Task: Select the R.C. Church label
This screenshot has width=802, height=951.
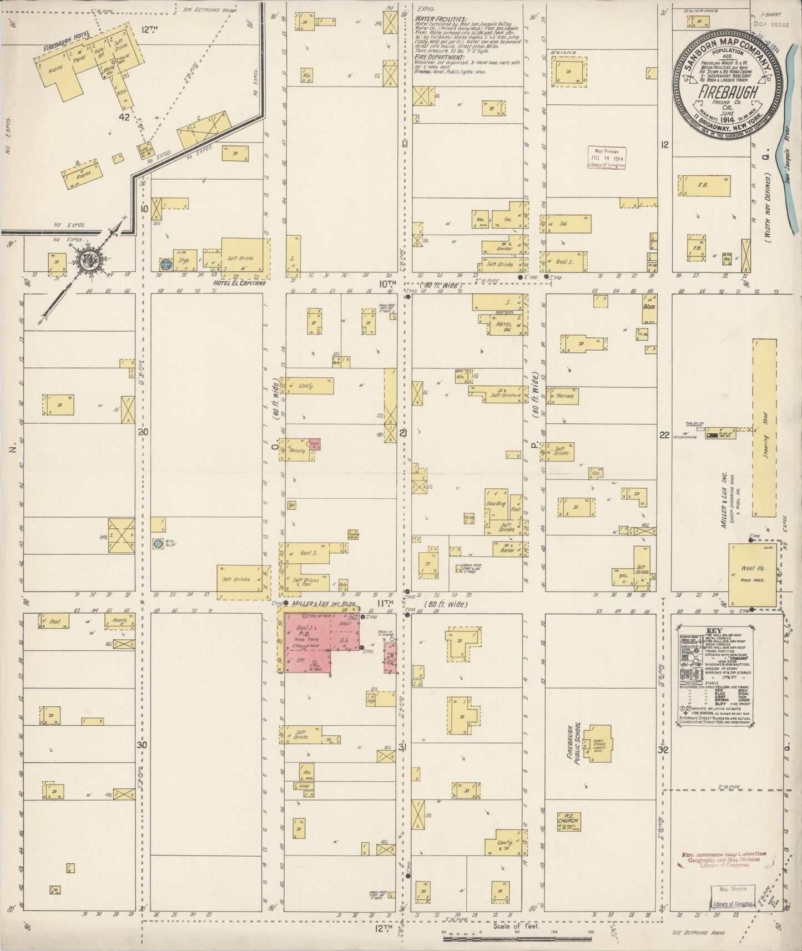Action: tap(568, 820)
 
